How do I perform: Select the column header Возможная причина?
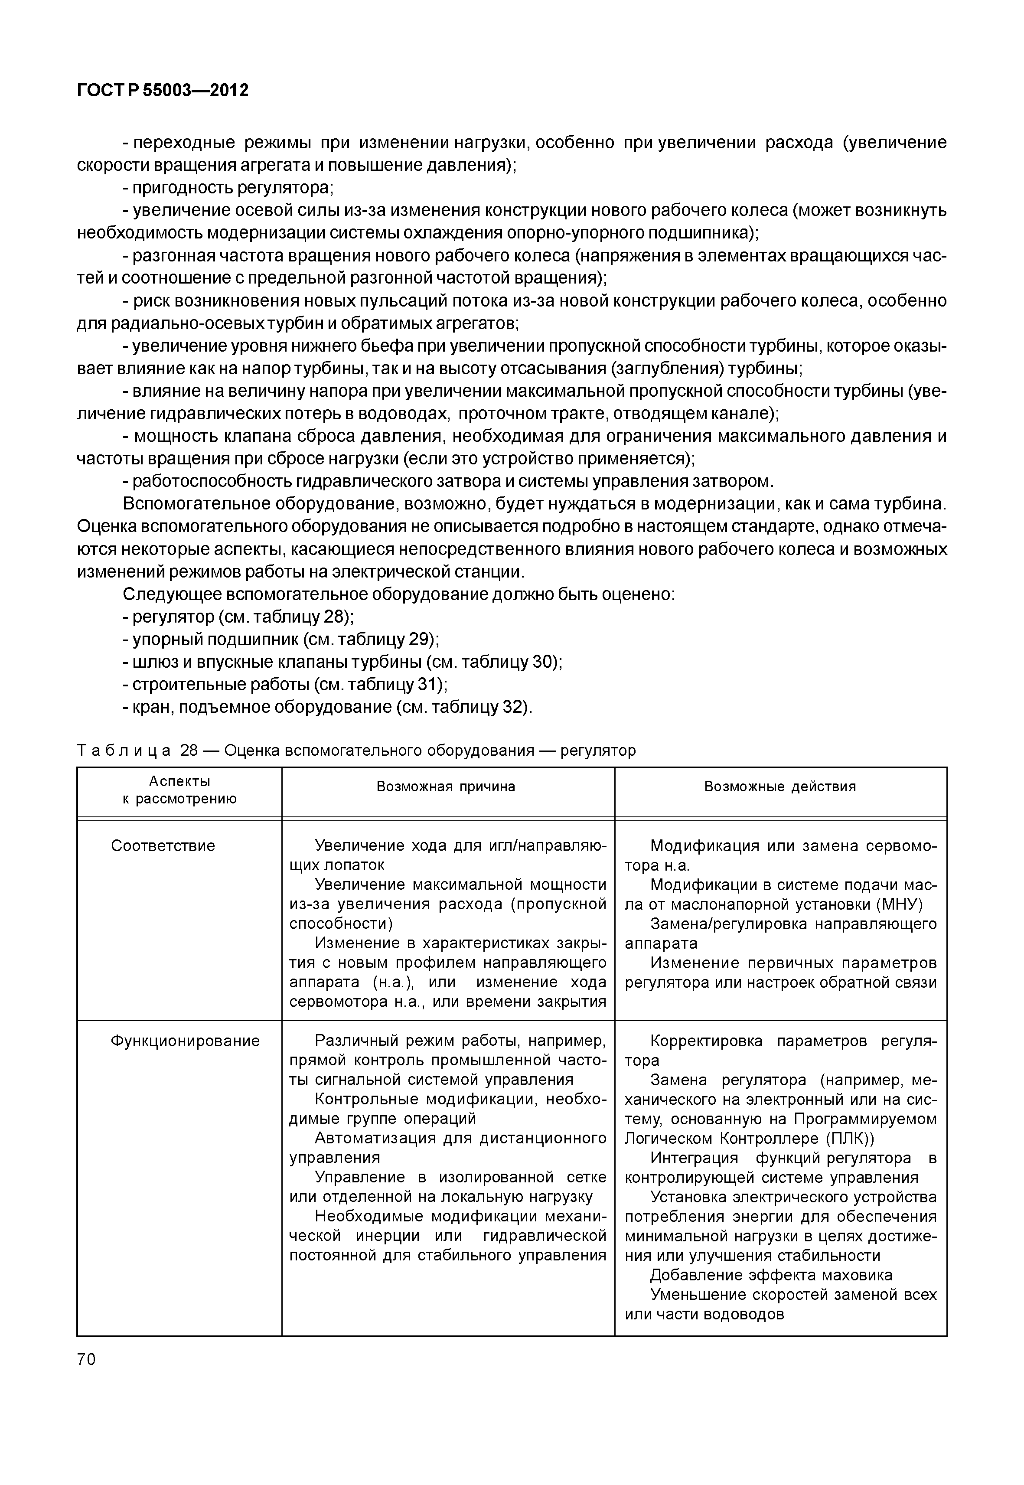click(x=446, y=787)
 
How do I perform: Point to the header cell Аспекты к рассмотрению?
click(x=179, y=790)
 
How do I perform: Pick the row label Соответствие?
click(x=163, y=846)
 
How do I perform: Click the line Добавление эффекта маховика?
click(x=771, y=1275)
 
